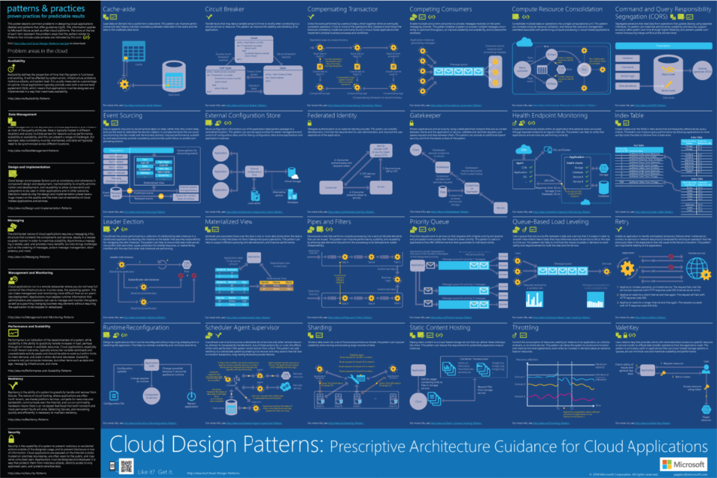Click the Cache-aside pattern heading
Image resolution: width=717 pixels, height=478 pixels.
point(119,9)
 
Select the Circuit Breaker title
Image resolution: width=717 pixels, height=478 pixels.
point(224,9)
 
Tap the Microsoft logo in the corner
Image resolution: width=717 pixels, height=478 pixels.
point(683,464)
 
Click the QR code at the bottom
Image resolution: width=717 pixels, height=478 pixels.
point(126,466)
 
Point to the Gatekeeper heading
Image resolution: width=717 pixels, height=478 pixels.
point(425,116)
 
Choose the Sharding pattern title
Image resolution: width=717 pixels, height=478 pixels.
point(319,328)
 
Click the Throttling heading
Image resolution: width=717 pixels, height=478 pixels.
point(525,328)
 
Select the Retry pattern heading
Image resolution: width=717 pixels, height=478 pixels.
point(621,222)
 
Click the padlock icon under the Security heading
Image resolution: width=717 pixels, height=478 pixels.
point(11,439)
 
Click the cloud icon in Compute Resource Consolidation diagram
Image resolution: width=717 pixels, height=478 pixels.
point(524,42)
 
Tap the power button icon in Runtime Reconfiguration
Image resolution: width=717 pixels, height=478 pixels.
point(191,396)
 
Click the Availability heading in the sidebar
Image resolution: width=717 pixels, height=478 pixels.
point(17,61)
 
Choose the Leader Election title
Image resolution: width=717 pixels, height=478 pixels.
point(123,222)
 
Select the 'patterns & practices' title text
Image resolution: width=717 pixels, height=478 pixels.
point(46,8)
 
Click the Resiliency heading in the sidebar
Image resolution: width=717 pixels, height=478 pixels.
point(16,379)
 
